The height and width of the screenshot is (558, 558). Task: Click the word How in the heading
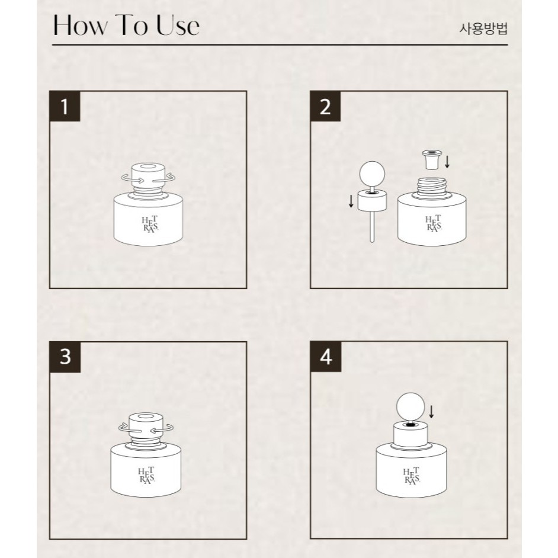81,25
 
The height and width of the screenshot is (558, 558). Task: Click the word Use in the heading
178,25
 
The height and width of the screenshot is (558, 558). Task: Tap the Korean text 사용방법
483,28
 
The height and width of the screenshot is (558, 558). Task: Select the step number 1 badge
65,106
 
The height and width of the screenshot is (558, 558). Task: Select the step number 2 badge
325,106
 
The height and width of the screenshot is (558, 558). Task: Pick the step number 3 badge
65,357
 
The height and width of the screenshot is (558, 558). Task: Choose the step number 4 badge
326,357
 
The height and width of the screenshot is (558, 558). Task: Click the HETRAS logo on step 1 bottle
150,224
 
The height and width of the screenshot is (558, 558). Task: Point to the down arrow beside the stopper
447,161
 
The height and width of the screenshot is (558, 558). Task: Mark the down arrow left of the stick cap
351,201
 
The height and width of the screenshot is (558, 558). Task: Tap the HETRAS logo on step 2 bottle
434,223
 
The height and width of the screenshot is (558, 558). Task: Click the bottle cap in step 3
146,425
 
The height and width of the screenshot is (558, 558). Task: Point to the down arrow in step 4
431,411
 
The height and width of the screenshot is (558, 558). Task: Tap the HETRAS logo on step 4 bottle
412,476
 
